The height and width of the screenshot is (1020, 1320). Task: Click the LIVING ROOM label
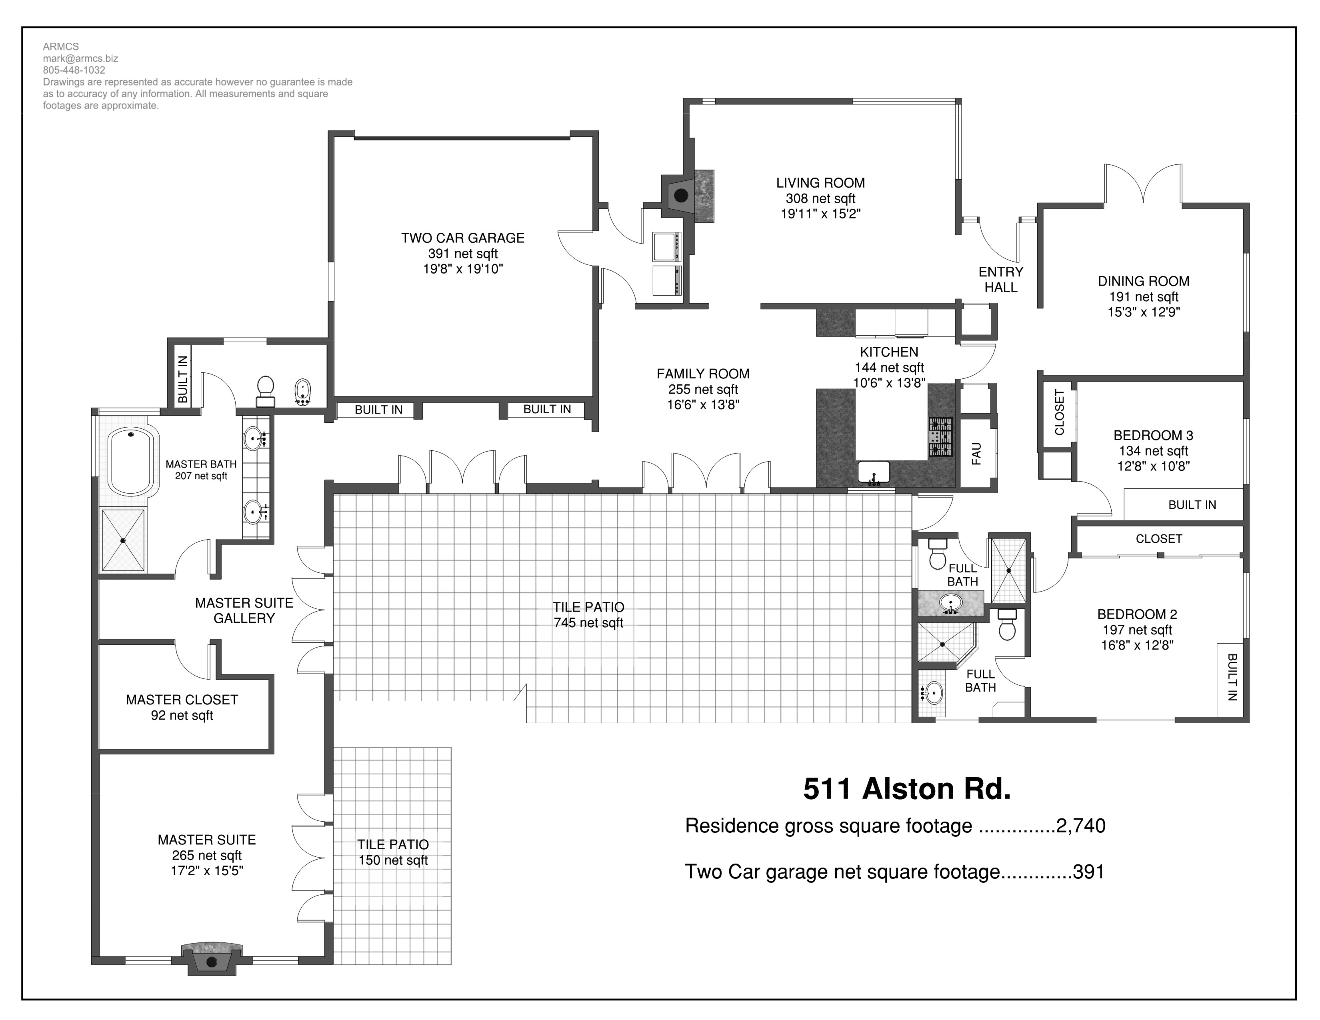click(820, 182)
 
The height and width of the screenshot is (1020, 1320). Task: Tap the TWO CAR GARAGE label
click(462, 238)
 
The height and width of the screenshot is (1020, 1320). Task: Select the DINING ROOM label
click(1144, 281)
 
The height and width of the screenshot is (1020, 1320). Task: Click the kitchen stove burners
click(940, 437)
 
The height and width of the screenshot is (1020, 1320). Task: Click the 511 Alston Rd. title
click(906, 788)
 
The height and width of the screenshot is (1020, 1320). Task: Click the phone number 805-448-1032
click(74, 70)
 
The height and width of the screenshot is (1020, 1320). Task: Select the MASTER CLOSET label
click(182, 700)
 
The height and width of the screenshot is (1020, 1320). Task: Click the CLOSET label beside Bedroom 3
click(1059, 413)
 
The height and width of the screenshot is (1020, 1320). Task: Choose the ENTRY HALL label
click(1001, 280)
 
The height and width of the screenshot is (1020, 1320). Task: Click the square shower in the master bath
click(123, 540)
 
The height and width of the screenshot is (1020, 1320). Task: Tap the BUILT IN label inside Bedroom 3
click(1192, 504)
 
